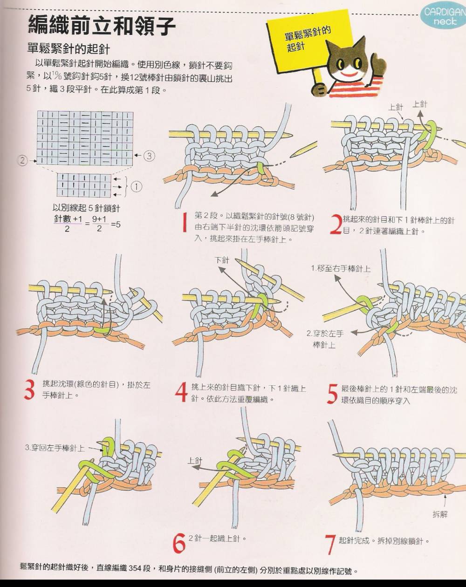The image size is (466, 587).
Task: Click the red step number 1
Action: click(x=185, y=223)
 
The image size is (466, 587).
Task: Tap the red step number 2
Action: click(x=336, y=225)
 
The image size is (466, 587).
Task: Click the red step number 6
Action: click(x=179, y=543)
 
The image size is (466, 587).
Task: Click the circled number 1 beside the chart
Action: click(x=137, y=187)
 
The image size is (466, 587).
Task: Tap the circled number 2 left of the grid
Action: click(x=23, y=160)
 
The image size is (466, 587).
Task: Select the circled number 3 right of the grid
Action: click(x=149, y=156)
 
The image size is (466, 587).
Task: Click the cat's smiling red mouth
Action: click(x=350, y=74)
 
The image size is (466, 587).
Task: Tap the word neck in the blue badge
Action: click(x=445, y=21)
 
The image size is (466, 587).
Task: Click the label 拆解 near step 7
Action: click(x=440, y=515)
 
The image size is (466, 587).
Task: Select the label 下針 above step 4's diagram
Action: click(x=222, y=260)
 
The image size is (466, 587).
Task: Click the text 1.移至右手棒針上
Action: click(x=341, y=269)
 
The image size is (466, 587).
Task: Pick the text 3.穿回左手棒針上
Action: click(x=55, y=448)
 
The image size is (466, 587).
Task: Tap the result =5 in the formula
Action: click(x=116, y=225)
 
